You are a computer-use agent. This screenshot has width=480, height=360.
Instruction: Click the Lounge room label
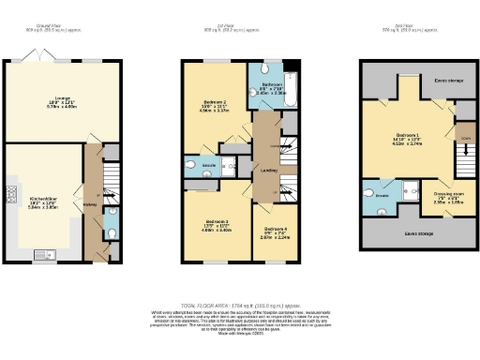click(x=62, y=104)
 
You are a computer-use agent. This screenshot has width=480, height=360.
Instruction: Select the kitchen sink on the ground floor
click(x=45, y=254)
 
